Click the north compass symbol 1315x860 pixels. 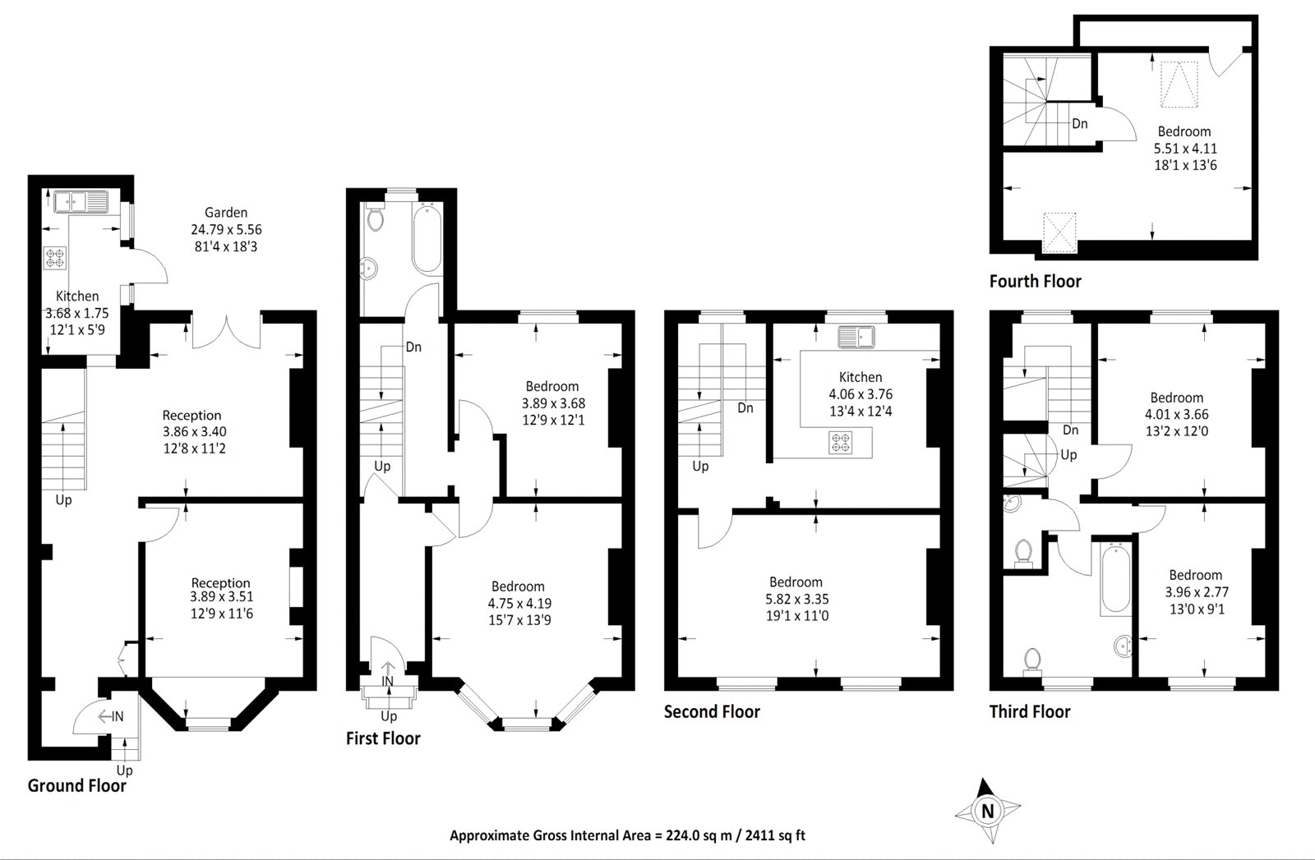(987, 811)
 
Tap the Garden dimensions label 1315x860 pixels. (226, 229)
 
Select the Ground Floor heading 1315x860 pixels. (77, 785)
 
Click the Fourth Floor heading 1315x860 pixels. (1035, 281)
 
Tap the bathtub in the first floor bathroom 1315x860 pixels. (427, 238)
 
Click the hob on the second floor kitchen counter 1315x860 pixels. (842, 442)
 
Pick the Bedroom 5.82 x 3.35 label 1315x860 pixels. (796, 599)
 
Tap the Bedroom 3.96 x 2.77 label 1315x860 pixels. (1195, 591)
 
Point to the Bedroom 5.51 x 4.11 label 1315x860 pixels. (1184, 148)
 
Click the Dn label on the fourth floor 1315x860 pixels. (1080, 123)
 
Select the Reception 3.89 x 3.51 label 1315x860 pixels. (221, 598)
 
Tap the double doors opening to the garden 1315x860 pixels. (227, 332)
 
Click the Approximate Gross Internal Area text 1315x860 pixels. (627, 835)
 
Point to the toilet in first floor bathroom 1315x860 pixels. (376, 219)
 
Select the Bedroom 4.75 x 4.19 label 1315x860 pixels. (518, 602)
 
